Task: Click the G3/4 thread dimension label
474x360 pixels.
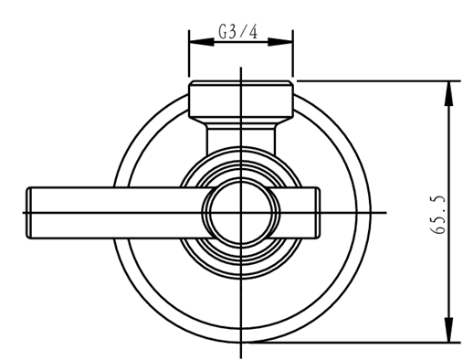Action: (x=238, y=31)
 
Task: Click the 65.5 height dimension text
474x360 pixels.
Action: (x=438, y=215)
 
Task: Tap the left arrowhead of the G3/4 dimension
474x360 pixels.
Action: (x=202, y=42)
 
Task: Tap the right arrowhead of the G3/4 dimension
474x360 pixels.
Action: (x=280, y=42)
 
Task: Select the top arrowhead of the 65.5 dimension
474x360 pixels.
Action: (x=448, y=94)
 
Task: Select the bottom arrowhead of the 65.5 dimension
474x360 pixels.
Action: (x=448, y=330)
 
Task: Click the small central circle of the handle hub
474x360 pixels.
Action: (x=241, y=213)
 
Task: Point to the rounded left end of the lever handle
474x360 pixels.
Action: (x=29, y=213)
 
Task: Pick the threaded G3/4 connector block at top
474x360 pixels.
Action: (x=241, y=99)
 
